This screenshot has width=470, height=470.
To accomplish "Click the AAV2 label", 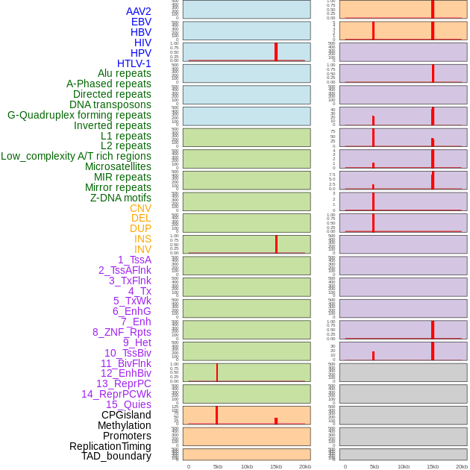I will click(x=138, y=11).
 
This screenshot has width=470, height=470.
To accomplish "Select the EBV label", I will click(x=141, y=22).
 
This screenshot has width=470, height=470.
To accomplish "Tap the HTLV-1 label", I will click(x=134, y=63).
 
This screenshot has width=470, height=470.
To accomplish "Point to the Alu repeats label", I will click(x=124, y=73).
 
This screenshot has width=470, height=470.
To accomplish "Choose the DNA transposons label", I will click(x=110, y=104).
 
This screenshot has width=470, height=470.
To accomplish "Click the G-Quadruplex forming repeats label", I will click(x=79, y=115).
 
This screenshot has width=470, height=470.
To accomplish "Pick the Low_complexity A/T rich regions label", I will click(x=76, y=156).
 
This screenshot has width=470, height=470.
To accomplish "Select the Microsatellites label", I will click(x=118, y=166).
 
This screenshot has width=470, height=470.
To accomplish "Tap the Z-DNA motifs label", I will click(x=121, y=198).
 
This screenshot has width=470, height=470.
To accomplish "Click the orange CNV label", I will click(x=140, y=208).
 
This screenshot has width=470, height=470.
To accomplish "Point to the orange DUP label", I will click(x=140, y=228).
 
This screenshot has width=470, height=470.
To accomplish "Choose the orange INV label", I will click(x=142, y=249).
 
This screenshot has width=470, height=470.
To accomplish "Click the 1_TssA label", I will click(x=134, y=260).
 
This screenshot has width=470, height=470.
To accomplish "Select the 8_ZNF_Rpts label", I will click(x=122, y=332).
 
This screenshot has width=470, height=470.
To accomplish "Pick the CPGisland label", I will click(x=126, y=415).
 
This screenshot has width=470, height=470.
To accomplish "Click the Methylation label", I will click(x=124, y=425).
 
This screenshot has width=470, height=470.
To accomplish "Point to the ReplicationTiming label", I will click(x=110, y=446).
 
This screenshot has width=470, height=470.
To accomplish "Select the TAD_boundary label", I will click(x=116, y=456).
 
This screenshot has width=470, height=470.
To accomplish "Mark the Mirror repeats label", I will click(x=118, y=187).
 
